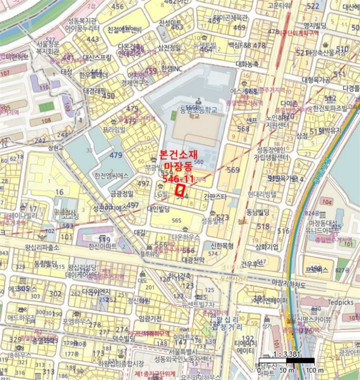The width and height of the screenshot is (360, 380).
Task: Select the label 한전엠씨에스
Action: [111, 176]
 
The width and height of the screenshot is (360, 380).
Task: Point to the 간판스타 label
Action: [214, 197]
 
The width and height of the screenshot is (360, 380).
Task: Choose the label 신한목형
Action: [222, 245]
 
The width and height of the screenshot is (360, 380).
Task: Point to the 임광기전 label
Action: [150, 319]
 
